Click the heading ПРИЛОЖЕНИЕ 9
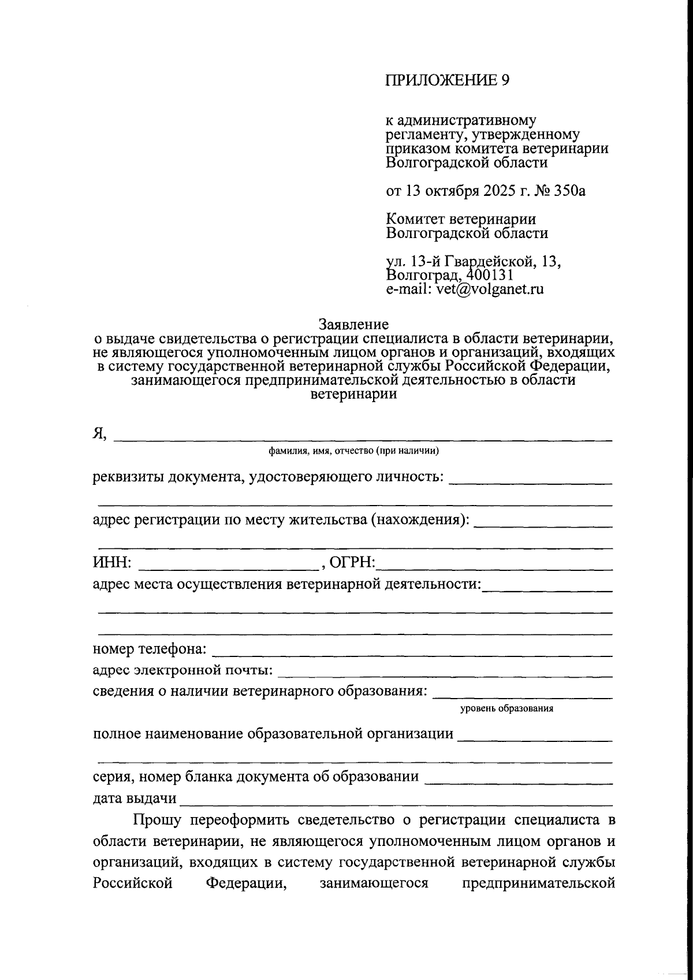[x=448, y=80]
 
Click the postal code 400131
[x=489, y=275]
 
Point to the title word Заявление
[x=353, y=324]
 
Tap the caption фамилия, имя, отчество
[x=353, y=451]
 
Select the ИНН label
[x=112, y=563]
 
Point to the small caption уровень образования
[x=506, y=708]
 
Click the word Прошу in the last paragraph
[x=158, y=820]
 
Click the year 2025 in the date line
[x=495, y=191]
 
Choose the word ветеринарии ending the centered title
[x=353, y=395]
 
